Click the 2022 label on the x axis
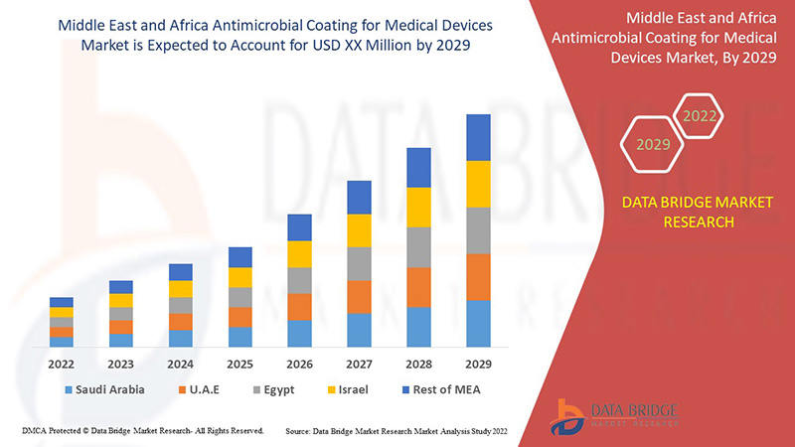[62, 363]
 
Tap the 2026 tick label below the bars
[300, 363]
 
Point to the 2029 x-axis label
[478, 363]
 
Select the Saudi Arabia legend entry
[104, 389]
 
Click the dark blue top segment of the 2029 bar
[478, 137]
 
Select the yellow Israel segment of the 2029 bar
[478, 184]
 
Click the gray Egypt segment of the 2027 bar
[359, 263]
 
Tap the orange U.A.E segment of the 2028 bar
[418, 287]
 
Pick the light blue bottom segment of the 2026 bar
[300, 333]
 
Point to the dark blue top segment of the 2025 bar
[240, 257]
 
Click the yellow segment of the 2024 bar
[181, 289]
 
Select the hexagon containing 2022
[699, 116]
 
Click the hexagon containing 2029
[653, 144]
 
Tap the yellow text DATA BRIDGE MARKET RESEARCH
[697, 212]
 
